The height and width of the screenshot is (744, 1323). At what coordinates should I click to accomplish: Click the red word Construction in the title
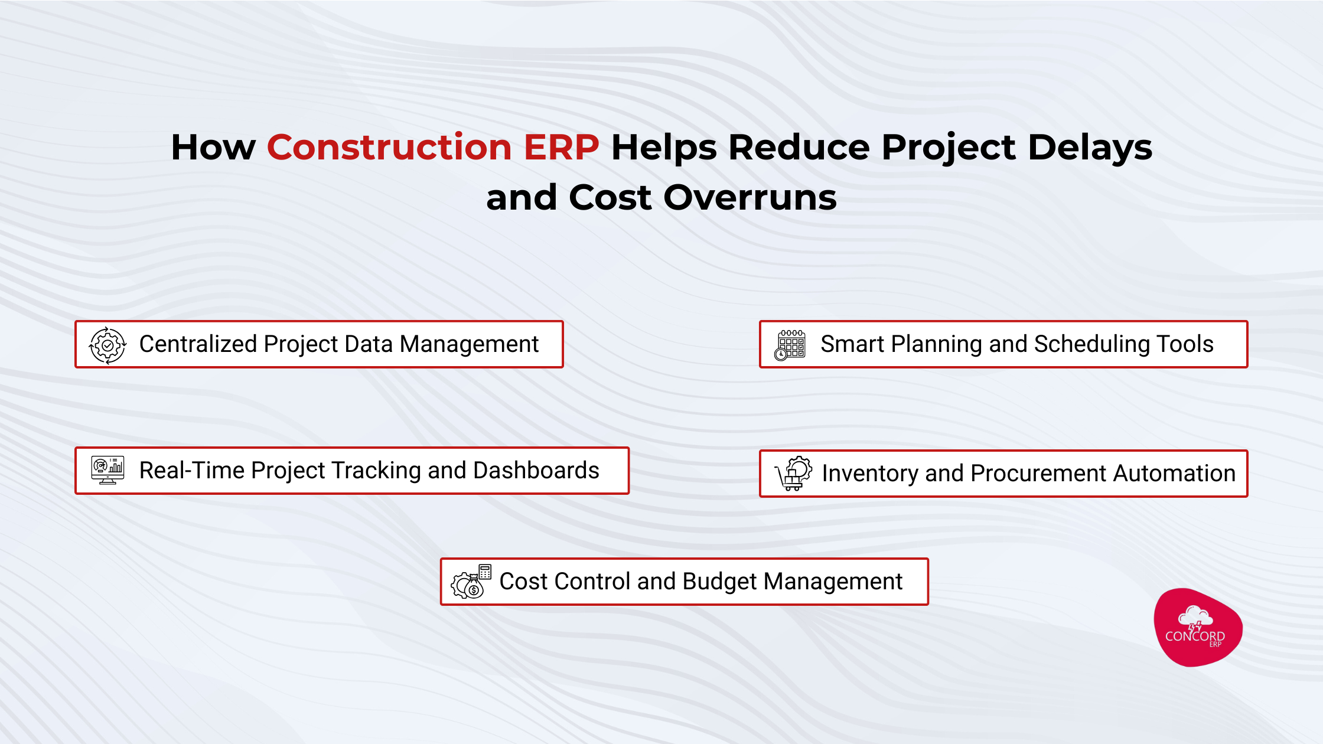click(x=389, y=147)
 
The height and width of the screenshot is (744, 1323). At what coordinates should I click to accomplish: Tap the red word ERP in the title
click(x=561, y=147)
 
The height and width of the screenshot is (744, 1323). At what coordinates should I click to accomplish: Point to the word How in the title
click(x=213, y=147)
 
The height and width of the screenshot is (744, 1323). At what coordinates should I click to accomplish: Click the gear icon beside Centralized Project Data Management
click(x=107, y=345)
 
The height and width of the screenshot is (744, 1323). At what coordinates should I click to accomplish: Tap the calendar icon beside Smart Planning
click(x=790, y=345)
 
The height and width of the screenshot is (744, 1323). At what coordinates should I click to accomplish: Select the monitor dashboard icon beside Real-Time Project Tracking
click(x=107, y=470)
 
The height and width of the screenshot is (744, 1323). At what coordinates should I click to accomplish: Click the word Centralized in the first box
click(x=198, y=344)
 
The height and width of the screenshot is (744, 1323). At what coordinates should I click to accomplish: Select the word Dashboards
click(x=536, y=471)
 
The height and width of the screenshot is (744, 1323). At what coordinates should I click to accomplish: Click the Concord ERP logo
click(x=1197, y=628)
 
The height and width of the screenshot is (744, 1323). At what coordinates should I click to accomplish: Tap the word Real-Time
click(x=191, y=471)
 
